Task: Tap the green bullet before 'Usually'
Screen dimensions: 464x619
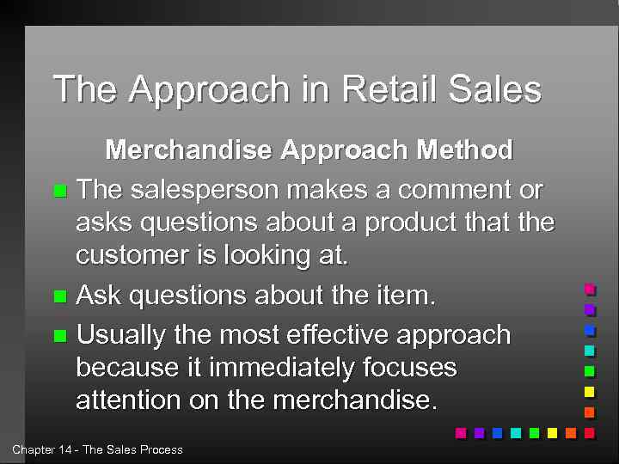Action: pos(59,335)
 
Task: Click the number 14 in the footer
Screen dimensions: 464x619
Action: pos(65,449)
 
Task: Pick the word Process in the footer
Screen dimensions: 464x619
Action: pos(161,449)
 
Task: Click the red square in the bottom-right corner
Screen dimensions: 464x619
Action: pos(589,433)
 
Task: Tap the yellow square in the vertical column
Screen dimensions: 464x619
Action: pos(589,392)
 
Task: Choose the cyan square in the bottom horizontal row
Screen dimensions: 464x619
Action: pos(515,433)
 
